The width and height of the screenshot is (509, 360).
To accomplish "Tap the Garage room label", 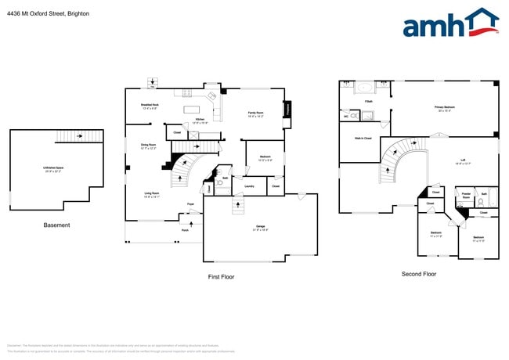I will coord(259,228).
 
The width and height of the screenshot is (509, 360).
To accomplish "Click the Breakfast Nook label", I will coord(150,106).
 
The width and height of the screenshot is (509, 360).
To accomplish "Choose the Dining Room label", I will coord(148,146).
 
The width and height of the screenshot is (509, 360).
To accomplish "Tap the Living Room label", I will coord(151,194).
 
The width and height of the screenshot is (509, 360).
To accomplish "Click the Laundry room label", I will coord(249,186).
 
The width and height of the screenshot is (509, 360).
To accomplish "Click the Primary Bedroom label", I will coord(445,108).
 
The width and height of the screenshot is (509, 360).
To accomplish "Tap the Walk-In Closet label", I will coord(362,138).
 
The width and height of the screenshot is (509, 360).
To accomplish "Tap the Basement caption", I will coord(56,225).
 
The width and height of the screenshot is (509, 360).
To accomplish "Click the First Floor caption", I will coord(221,276).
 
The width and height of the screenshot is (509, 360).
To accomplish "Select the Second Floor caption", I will coord(418,274).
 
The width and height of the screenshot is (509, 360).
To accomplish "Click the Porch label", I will coord(185,230).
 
